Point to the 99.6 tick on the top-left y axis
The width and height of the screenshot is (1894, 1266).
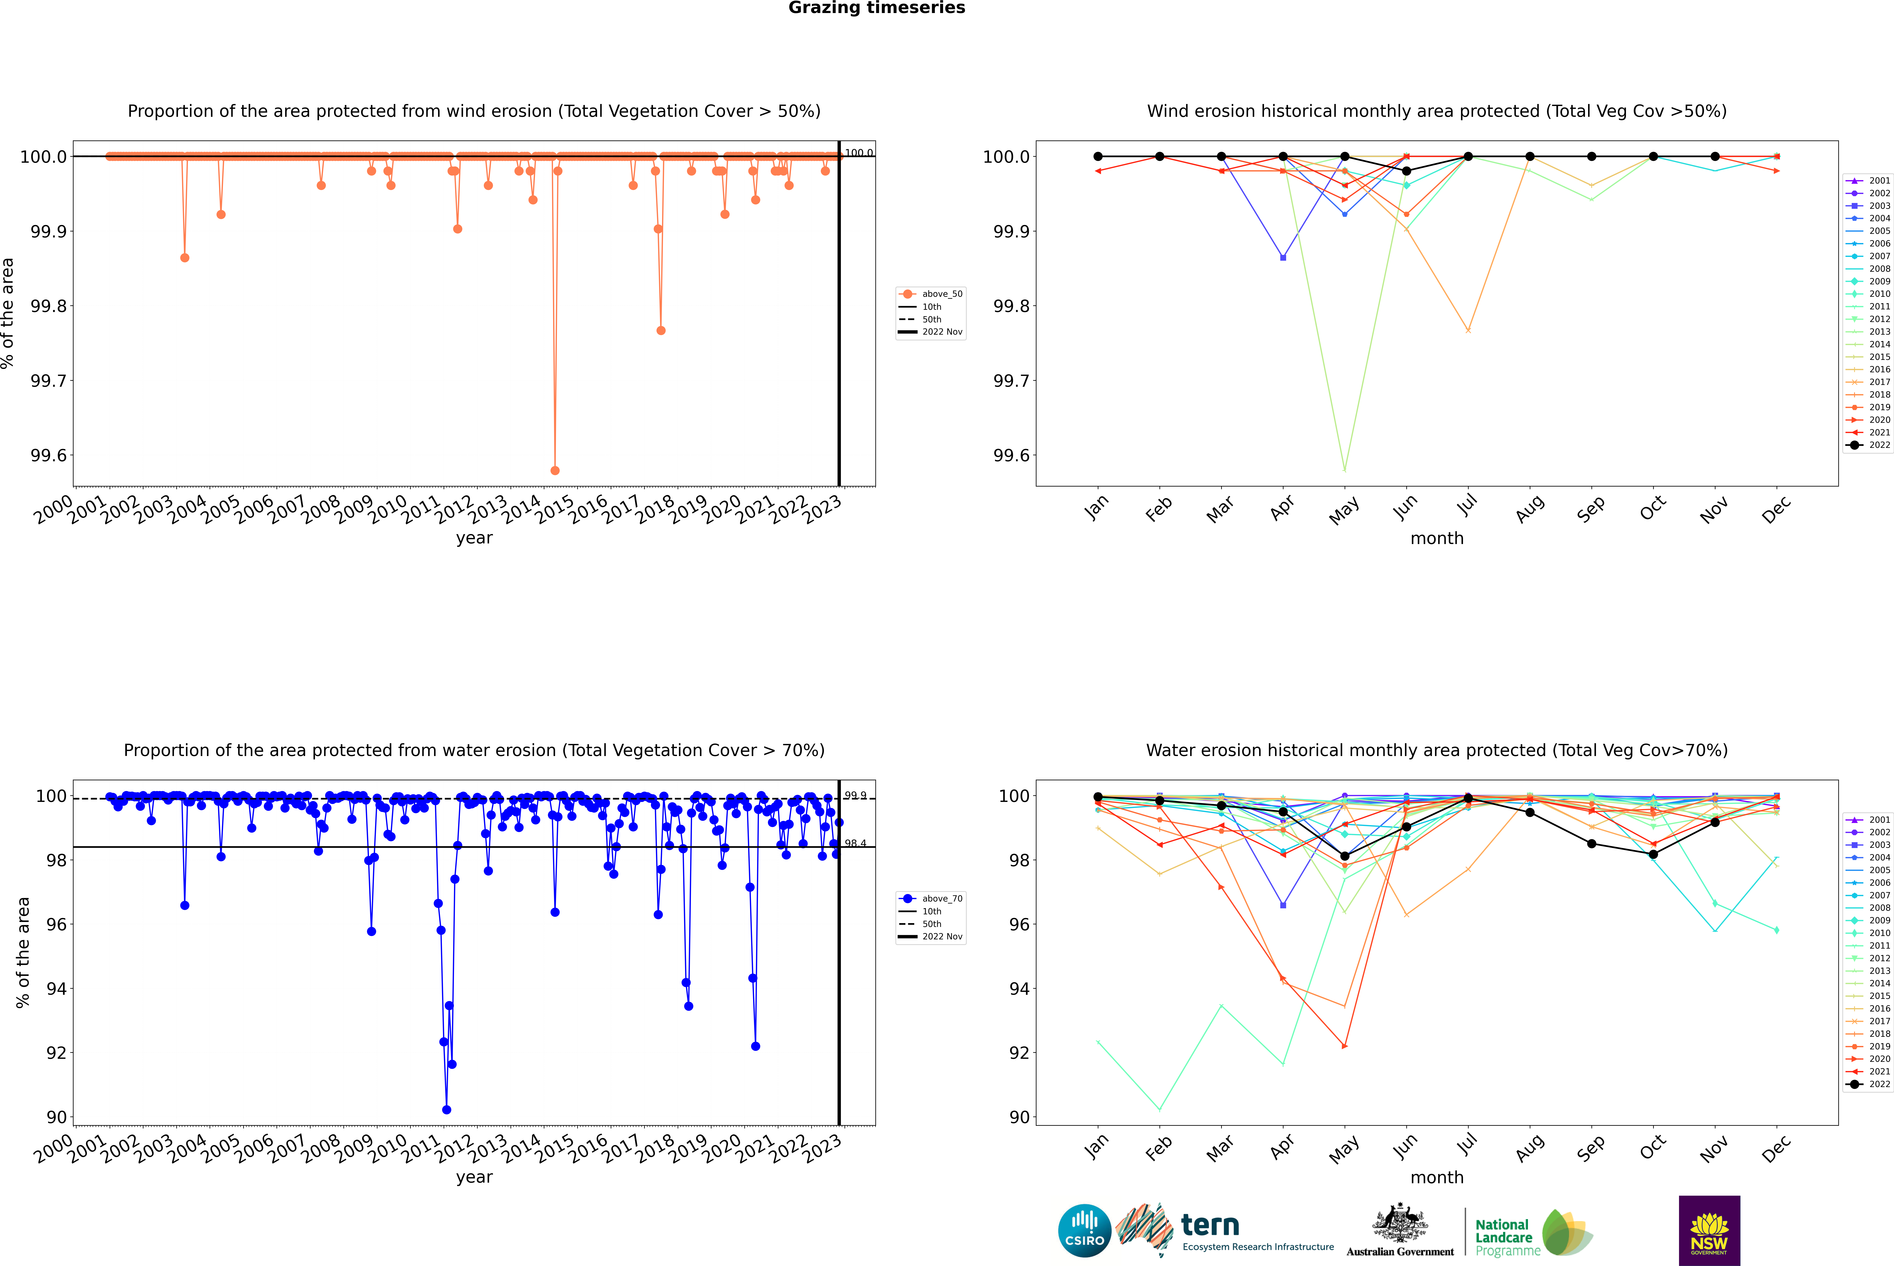click(x=48, y=455)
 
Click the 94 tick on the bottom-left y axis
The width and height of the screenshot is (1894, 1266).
click(x=57, y=988)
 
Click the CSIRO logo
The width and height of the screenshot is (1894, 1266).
click(x=1084, y=1231)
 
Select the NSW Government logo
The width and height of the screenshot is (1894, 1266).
click(x=1709, y=1231)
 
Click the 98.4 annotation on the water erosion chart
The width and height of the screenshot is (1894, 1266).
click(x=855, y=843)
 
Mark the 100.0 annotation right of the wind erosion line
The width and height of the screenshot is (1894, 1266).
click(x=858, y=153)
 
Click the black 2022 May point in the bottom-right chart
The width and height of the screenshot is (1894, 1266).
click(x=1344, y=856)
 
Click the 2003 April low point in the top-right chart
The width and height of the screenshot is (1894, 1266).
click(x=1283, y=257)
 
